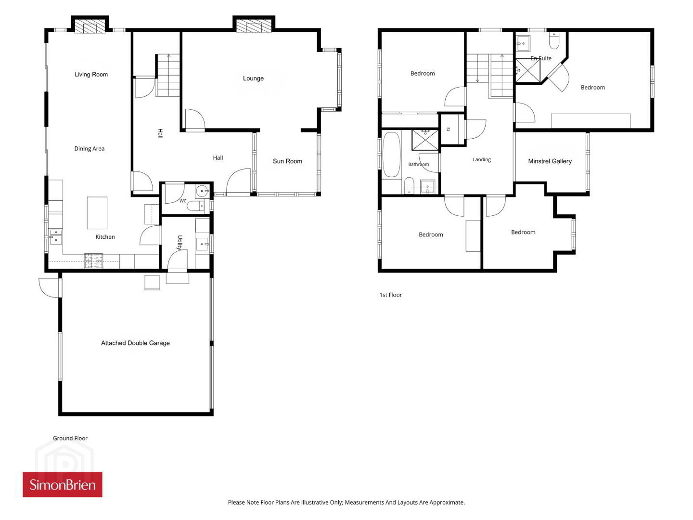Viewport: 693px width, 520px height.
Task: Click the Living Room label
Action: click(91, 75)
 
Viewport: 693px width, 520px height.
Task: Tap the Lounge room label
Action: click(253, 78)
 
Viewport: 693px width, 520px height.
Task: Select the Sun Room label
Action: click(287, 161)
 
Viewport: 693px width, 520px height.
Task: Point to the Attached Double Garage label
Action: click(135, 343)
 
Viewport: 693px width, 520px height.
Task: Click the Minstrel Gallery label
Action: click(550, 161)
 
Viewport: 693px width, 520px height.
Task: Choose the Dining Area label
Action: click(90, 149)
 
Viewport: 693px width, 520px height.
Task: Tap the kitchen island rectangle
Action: click(97, 213)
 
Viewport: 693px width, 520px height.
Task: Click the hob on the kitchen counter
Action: click(94, 261)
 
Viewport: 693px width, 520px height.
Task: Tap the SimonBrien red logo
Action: click(63, 484)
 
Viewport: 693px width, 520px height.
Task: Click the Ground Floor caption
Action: click(70, 438)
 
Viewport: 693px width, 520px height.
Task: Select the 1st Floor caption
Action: click(391, 295)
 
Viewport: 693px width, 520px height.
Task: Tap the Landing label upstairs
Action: click(481, 160)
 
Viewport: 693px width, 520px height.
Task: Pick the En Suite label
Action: click(541, 58)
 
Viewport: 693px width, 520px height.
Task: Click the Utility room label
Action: click(180, 243)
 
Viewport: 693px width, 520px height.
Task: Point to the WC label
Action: click(183, 201)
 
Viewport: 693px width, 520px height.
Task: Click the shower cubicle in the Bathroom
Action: click(425, 140)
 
